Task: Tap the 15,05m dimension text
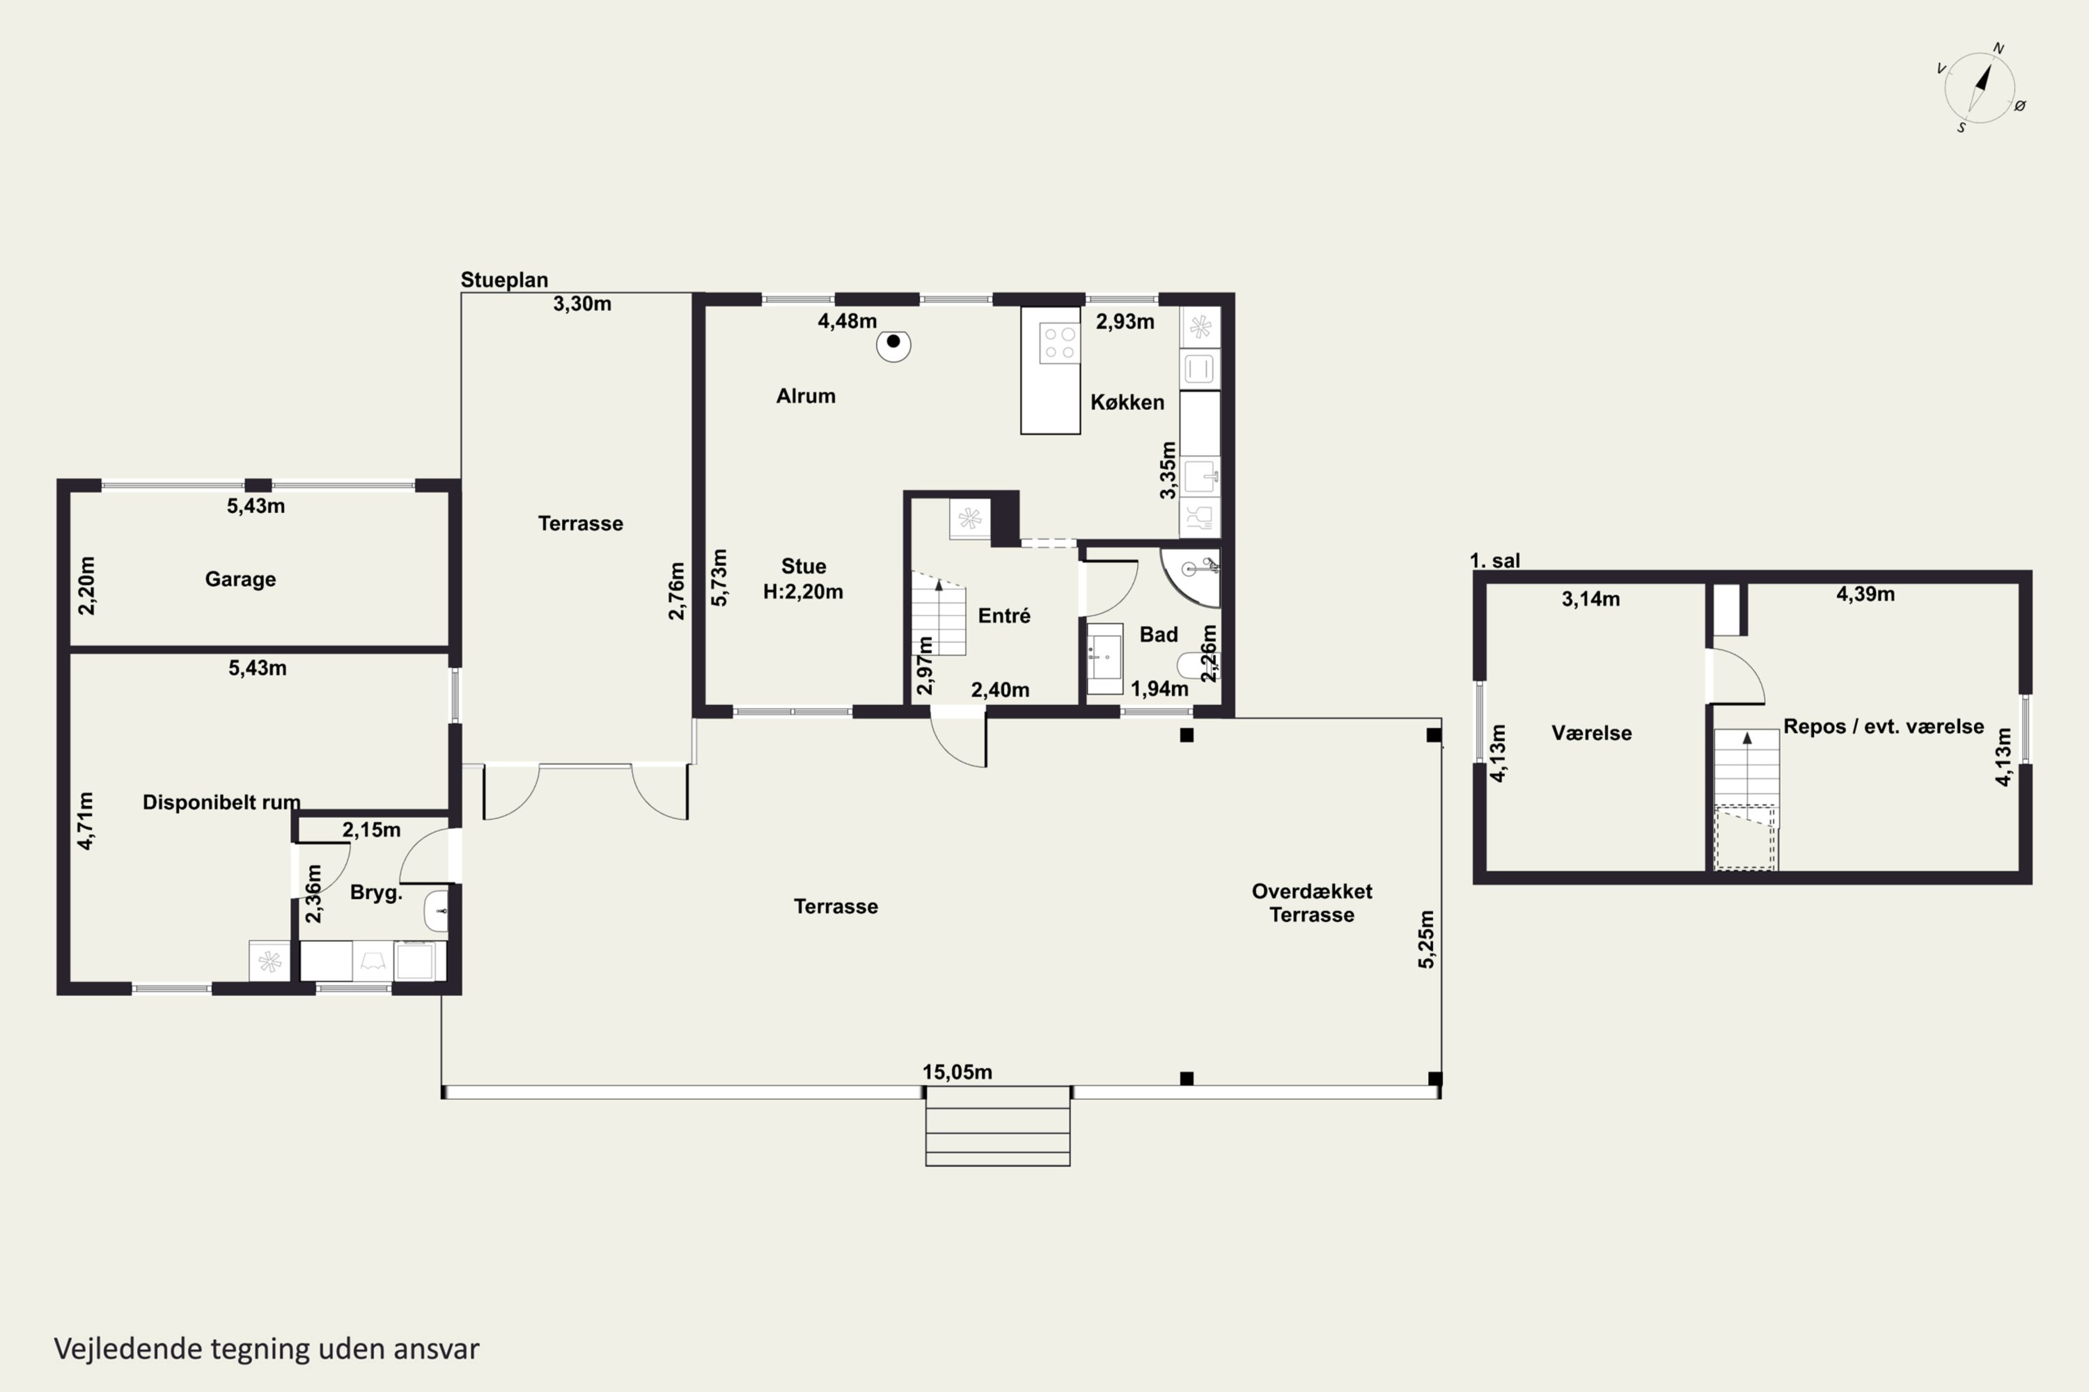(957, 1072)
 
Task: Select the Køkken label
(1127, 402)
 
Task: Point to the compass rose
(1980, 88)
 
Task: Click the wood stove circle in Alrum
(893, 345)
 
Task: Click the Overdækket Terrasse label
(1312, 903)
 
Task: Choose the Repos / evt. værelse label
(1883, 726)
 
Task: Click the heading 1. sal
(1495, 560)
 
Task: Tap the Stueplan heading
(503, 280)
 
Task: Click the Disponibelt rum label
(221, 802)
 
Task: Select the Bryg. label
(376, 893)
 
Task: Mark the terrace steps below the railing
(997, 1125)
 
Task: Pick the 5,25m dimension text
(1426, 939)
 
